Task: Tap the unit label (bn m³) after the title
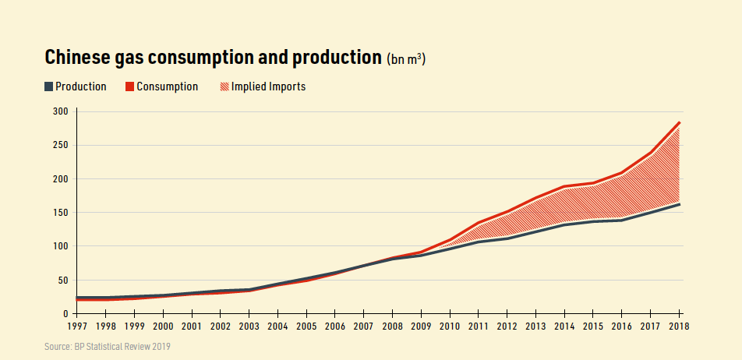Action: click(406, 60)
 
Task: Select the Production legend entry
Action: click(75, 86)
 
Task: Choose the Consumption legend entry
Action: click(162, 86)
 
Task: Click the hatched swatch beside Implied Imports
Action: click(225, 86)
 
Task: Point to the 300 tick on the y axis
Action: click(61, 111)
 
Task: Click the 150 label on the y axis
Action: click(61, 213)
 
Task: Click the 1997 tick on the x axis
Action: click(76, 326)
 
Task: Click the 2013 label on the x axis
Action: click(535, 326)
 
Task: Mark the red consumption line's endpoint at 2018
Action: click(680, 122)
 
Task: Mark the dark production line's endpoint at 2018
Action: click(680, 204)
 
